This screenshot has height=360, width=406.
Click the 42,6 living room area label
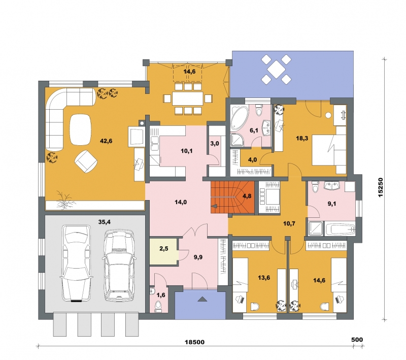(106, 141)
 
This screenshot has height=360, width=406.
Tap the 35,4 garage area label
(105, 222)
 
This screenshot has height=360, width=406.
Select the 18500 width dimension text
(194, 342)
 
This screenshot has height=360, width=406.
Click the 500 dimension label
(357, 340)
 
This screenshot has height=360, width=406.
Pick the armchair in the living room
(86, 161)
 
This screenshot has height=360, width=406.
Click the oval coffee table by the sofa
(81, 129)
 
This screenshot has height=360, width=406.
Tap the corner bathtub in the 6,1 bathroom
(239, 118)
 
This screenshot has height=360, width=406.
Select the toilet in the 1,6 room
(158, 307)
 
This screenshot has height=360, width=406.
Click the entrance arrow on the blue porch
(202, 299)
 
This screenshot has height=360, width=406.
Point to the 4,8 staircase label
(247, 196)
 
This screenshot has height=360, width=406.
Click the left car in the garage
(77, 264)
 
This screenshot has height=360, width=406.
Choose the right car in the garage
(119, 266)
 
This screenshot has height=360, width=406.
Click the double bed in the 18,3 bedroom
(329, 150)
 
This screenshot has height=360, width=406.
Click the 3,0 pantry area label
(215, 143)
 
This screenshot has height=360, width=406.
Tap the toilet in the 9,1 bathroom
(315, 186)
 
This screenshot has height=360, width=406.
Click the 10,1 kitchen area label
(187, 151)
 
